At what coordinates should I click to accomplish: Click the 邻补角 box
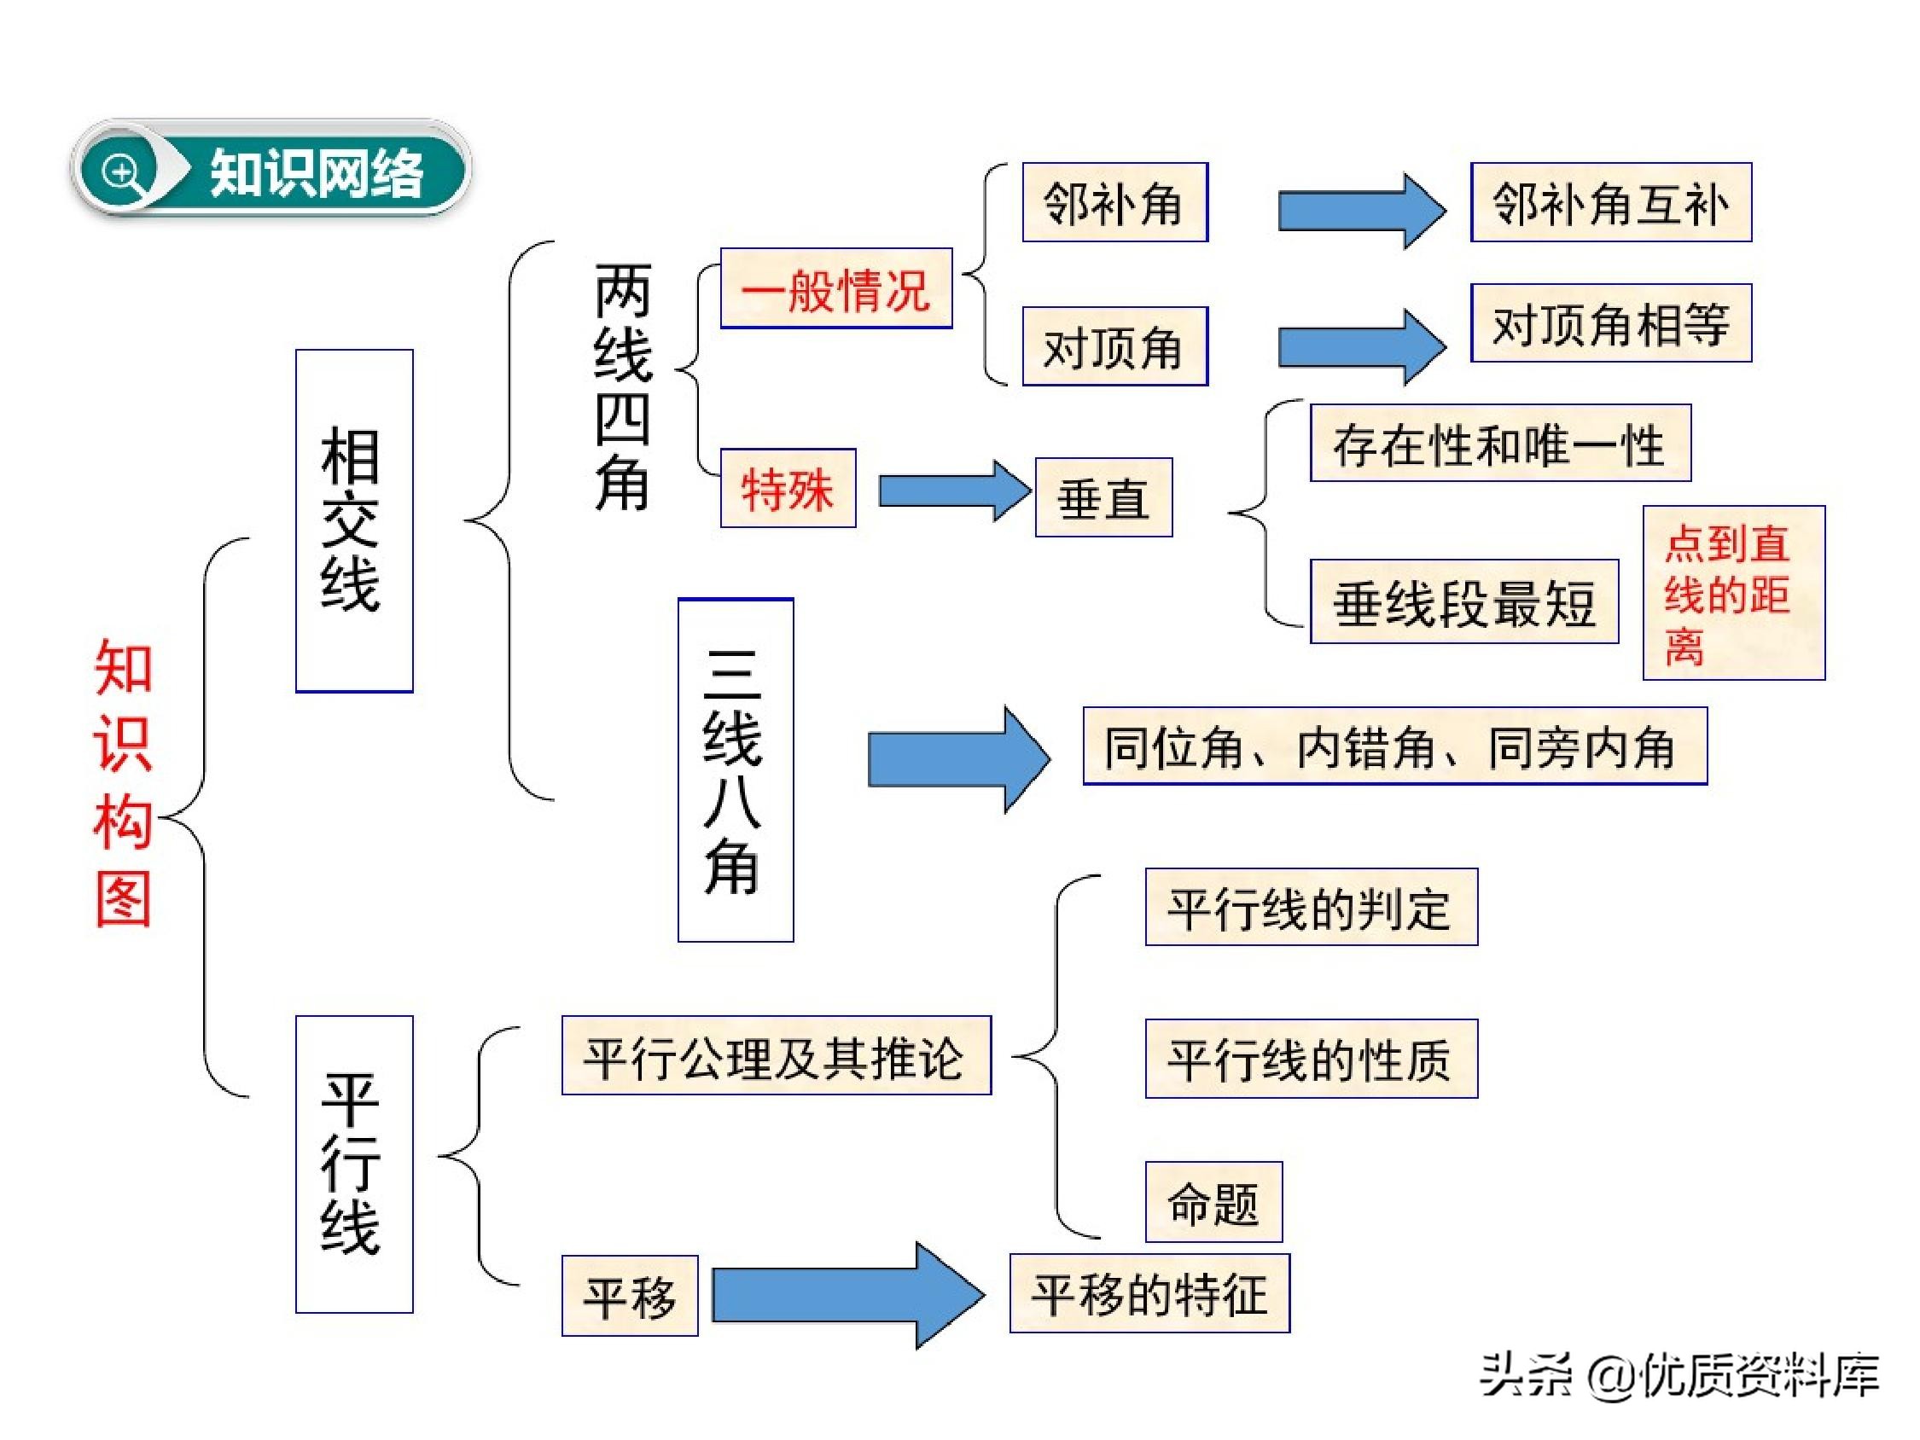click(1114, 202)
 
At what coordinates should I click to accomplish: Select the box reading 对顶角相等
click(1610, 323)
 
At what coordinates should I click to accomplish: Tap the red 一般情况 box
click(836, 288)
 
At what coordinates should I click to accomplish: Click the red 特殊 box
click(788, 488)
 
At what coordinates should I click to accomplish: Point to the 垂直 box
click(1103, 497)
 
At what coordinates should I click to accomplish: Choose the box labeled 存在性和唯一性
click(1500, 443)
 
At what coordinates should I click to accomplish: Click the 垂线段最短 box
click(1463, 601)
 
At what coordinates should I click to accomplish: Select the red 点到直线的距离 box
click(1733, 593)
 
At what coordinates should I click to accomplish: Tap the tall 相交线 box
click(354, 520)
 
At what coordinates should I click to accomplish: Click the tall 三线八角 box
click(736, 770)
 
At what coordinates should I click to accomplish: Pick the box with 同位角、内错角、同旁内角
click(1394, 746)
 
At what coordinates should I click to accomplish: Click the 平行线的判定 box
click(1311, 907)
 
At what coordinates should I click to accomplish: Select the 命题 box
click(1213, 1202)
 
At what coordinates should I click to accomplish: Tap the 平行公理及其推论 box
click(776, 1055)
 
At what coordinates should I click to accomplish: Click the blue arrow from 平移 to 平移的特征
click(847, 1295)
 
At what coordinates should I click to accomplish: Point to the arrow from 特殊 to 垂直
click(953, 491)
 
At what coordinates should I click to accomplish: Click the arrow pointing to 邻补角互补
click(1359, 211)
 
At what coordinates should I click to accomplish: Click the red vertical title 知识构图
click(123, 781)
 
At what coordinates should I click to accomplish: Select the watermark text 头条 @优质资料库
click(1679, 1375)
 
